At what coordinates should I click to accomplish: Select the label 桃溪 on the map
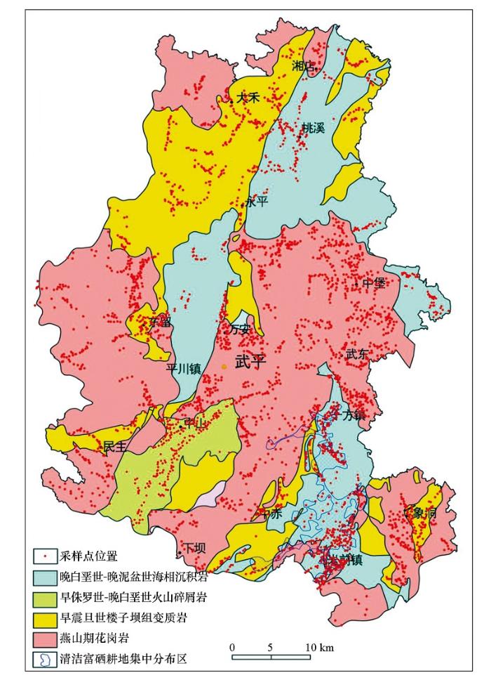(x=313, y=128)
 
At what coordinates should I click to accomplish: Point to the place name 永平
(x=257, y=202)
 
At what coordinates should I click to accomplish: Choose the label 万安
(x=241, y=328)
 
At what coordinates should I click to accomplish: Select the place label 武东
(x=356, y=355)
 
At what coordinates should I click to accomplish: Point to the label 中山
(x=193, y=424)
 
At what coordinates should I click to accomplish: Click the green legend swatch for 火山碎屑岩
(x=44, y=597)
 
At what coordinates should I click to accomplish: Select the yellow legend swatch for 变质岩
(x=44, y=617)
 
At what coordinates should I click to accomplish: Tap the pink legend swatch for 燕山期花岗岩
(x=44, y=638)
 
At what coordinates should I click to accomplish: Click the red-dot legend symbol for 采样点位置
(x=44, y=556)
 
